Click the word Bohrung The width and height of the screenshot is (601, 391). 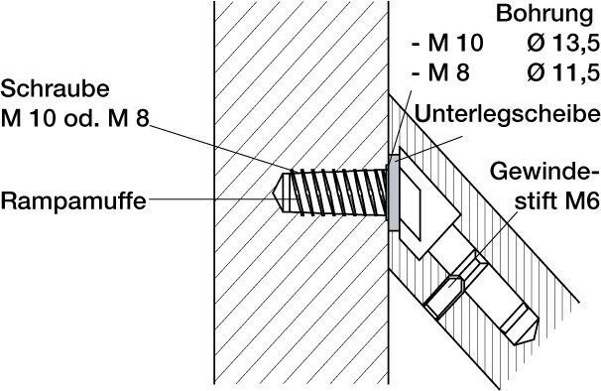(x=544, y=15)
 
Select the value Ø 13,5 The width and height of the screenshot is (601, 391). (x=562, y=43)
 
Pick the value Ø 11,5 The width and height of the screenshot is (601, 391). (x=562, y=72)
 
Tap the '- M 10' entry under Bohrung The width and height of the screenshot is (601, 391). (x=447, y=43)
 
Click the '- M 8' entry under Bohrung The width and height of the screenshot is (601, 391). (x=440, y=72)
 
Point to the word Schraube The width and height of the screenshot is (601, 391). (x=55, y=89)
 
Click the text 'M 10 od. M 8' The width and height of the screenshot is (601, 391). (x=74, y=118)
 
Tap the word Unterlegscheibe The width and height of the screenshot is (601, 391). (x=508, y=114)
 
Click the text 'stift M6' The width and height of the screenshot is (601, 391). (x=556, y=200)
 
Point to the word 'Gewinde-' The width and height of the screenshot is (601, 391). (x=544, y=171)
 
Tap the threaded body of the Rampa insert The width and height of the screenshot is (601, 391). (x=337, y=192)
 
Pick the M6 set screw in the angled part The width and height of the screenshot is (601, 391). (x=456, y=284)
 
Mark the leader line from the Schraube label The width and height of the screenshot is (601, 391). (x=220, y=147)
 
